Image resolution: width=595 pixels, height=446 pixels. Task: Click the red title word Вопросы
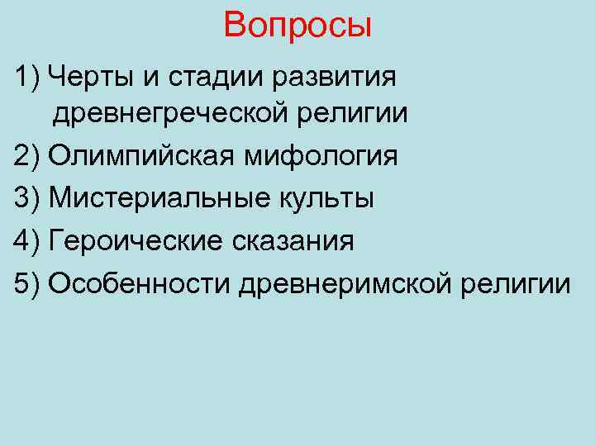tap(297, 26)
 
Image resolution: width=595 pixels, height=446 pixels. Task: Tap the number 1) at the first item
tap(27, 78)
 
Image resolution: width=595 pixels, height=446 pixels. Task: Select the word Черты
tap(85, 78)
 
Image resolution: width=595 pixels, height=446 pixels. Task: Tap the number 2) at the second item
tap(27, 155)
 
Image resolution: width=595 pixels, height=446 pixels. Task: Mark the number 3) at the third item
tap(27, 198)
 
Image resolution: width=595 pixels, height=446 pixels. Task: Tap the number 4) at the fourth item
tap(27, 241)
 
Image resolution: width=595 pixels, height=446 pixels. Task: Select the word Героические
tap(137, 241)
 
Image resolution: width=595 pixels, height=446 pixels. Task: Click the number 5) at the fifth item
tap(27, 284)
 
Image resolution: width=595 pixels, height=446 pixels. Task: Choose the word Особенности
tap(140, 284)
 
